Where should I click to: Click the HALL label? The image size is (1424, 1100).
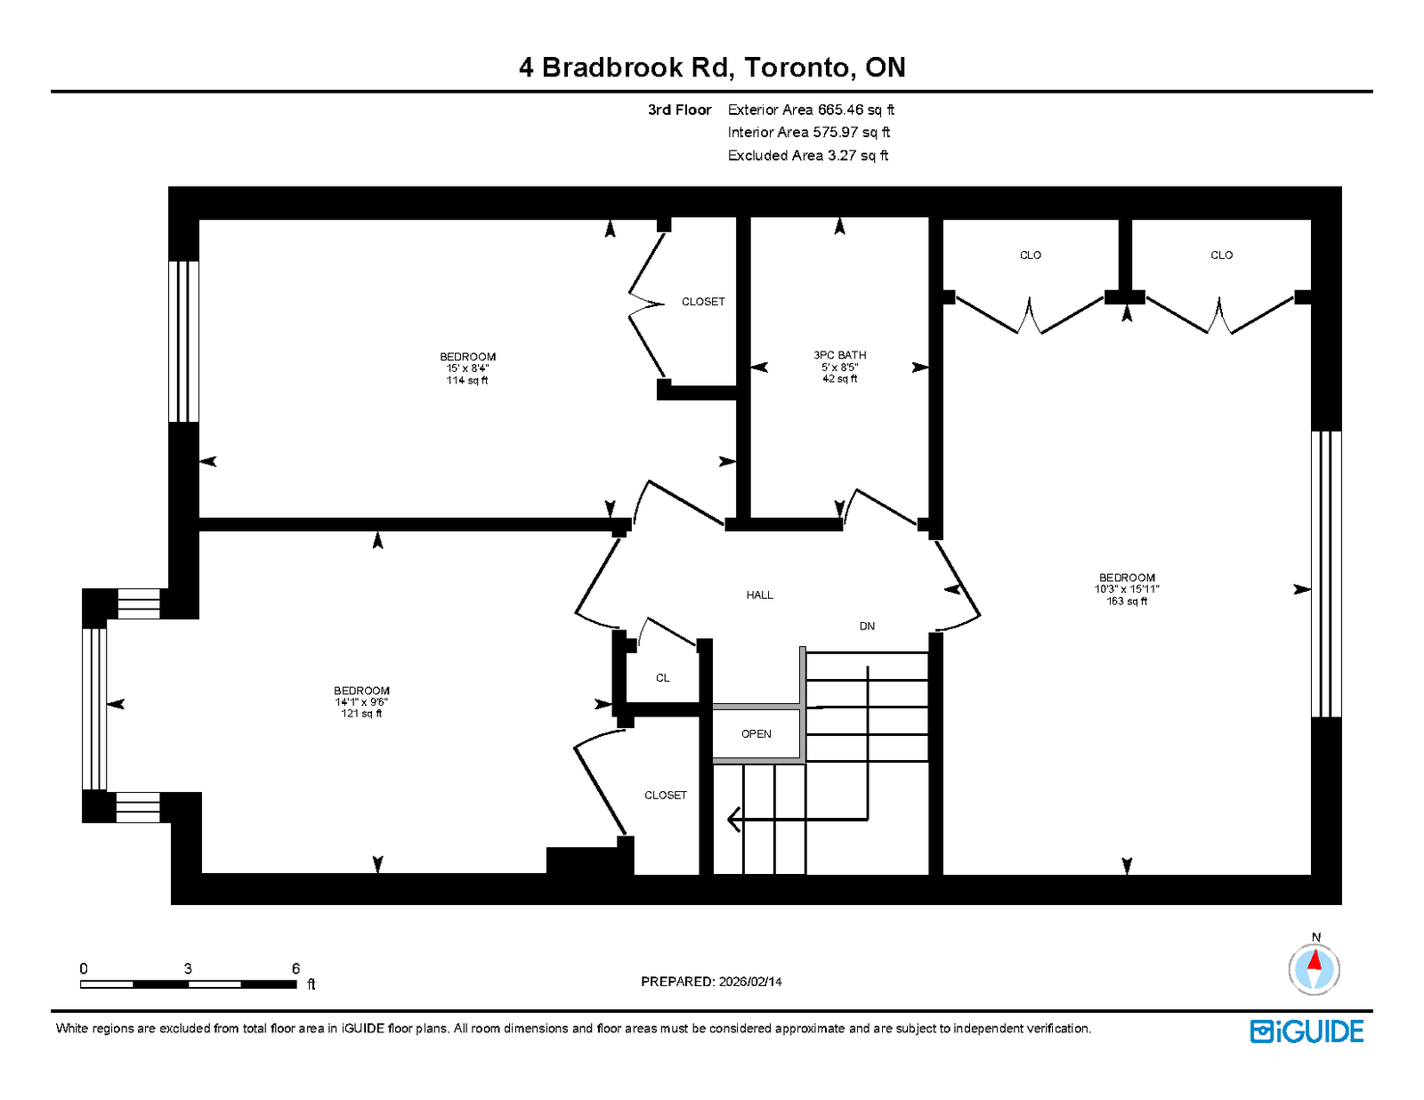(x=759, y=594)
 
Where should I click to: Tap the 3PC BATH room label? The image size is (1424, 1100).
(x=839, y=355)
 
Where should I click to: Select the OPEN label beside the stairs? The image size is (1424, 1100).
(x=756, y=733)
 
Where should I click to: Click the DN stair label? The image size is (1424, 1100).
(x=867, y=627)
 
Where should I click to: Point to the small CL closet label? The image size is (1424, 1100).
(x=662, y=678)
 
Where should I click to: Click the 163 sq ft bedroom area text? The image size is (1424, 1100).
(x=1127, y=601)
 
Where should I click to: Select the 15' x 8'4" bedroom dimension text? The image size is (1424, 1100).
(x=467, y=368)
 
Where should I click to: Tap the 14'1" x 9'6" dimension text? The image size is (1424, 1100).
(x=361, y=701)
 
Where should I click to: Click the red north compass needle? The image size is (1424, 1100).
(x=1315, y=959)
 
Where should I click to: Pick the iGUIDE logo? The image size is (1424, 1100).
(x=1306, y=1031)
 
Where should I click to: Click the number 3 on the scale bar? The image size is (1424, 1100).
(x=188, y=968)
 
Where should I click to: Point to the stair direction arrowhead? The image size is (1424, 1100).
(x=734, y=819)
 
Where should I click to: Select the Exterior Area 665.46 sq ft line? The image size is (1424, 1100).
(x=811, y=109)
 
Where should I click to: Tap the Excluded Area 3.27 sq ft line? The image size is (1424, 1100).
(x=808, y=155)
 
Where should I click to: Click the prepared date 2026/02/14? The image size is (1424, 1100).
(x=750, y=982)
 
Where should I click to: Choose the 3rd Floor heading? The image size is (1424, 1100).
(x=680, y=109)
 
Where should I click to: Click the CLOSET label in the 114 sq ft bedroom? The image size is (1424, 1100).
(x=703, y=302)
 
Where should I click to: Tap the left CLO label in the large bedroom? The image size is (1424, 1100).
(x=1030, y=255)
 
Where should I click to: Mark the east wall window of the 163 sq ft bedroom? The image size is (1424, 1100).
(x=1326, y=574)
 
